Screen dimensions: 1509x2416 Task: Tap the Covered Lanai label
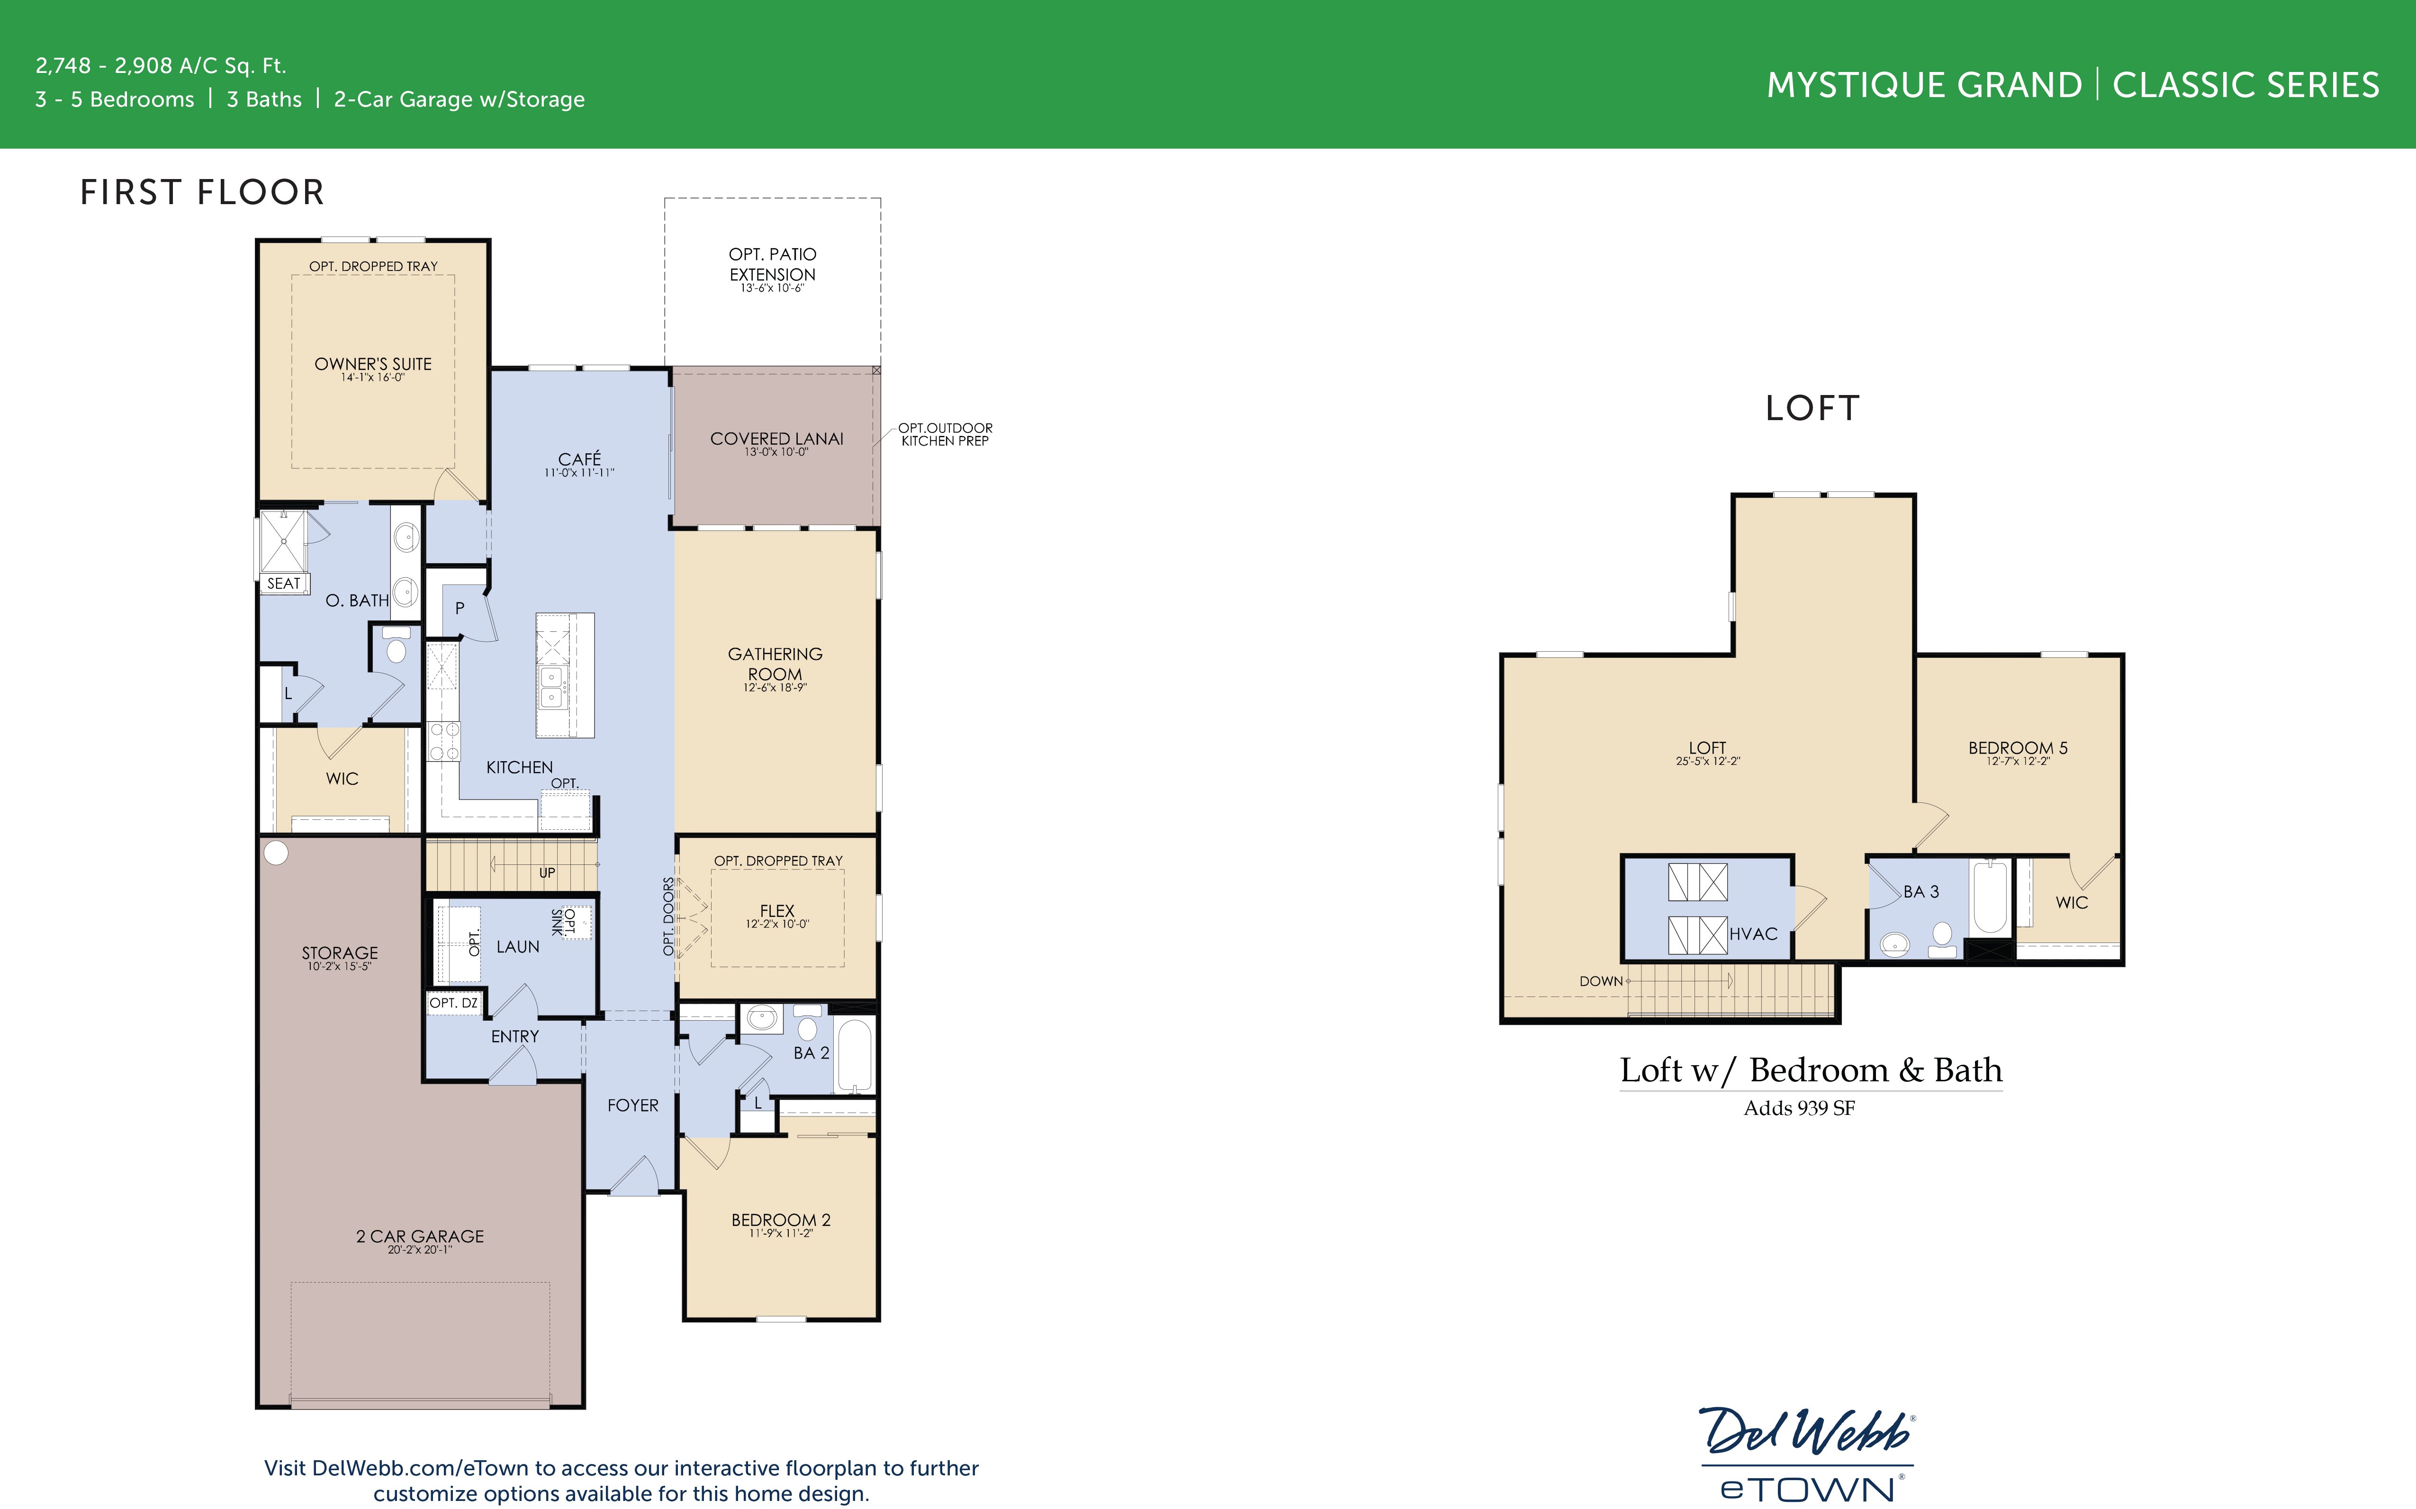776,439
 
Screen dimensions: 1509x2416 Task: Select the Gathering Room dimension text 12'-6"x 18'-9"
775,688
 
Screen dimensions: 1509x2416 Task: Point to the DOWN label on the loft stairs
1601,981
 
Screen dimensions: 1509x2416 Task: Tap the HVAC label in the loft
1753,934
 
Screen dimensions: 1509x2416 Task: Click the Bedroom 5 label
2017,747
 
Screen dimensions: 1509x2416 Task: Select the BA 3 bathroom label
1921,891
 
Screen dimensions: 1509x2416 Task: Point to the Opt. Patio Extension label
772,264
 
